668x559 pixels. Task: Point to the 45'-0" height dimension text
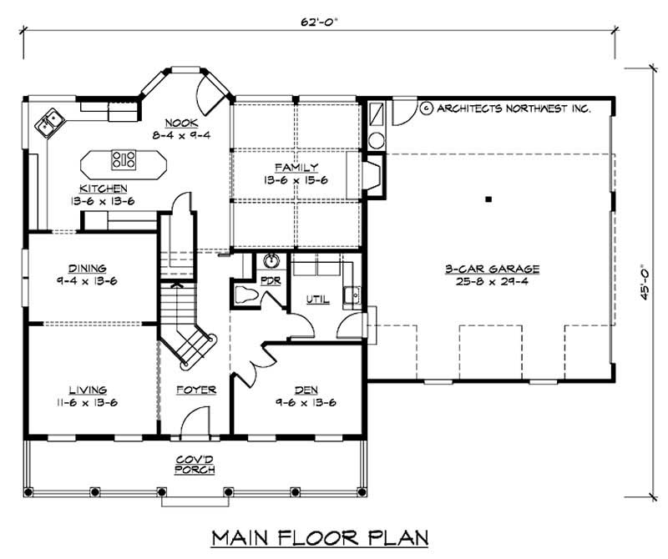tap(644, 281)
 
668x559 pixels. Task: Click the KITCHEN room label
tap(104, 189)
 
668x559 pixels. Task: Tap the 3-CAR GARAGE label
tap(492, 269)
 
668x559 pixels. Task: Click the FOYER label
tap(196, 390)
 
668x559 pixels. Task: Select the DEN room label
tap(306, 390)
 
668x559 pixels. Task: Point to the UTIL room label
tap(317, 298)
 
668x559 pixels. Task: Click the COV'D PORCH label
tap(196, 464)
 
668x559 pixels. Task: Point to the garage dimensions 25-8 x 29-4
tap(492, 282)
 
